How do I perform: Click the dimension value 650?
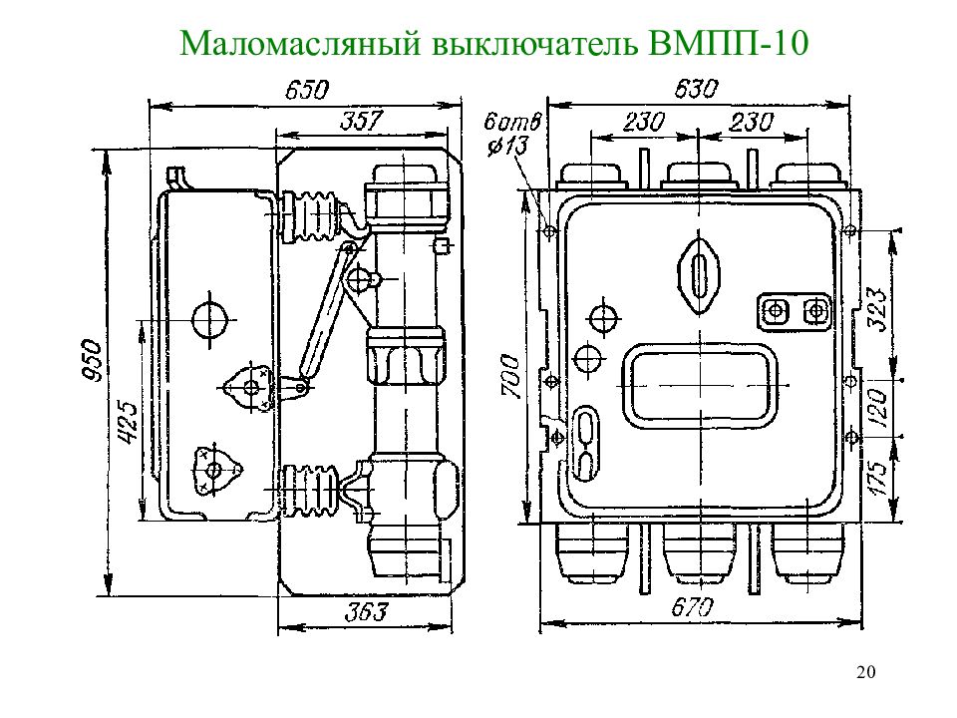click(x=306, y=91)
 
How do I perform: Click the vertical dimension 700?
click(x=508, y=376)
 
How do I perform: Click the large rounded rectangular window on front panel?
click(x=699, y=387)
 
